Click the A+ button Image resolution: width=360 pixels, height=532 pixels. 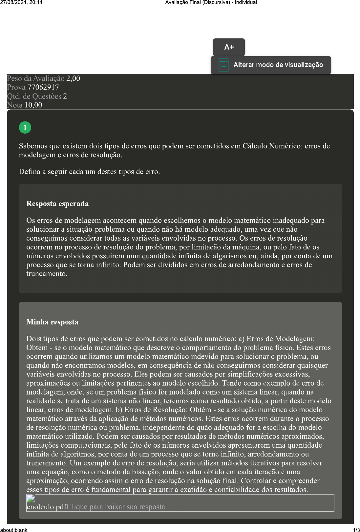[229, 47]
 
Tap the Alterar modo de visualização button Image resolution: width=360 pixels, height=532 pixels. [278, 65]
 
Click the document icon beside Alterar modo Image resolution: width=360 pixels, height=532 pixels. [223, 65]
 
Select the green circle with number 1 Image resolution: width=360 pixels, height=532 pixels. [25, 127]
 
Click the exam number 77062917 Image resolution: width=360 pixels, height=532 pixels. [43, 87]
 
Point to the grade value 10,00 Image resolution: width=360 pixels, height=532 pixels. [33, 105]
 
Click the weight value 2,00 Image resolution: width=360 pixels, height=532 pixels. [73, 78]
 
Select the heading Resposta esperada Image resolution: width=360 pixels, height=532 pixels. [57, 204]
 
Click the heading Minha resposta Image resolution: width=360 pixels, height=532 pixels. [52, 322]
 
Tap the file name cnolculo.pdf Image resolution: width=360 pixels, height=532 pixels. [46, 507]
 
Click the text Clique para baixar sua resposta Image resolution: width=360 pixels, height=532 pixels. [116, 507]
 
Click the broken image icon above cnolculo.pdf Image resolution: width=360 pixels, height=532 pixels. [31, 499]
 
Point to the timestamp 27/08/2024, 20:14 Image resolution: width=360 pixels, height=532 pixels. [21, 2]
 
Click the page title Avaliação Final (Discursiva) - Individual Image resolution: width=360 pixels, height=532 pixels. [211, 2]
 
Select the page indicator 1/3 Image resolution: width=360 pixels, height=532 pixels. [356, 530]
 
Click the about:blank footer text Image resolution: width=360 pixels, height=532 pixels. [14, 530]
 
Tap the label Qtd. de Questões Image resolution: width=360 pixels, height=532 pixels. [34, 96]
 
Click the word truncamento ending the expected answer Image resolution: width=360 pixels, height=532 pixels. [46, 274]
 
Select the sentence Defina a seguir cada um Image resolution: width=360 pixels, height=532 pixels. [89, 172]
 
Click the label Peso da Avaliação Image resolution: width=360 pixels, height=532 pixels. [36, 78]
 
